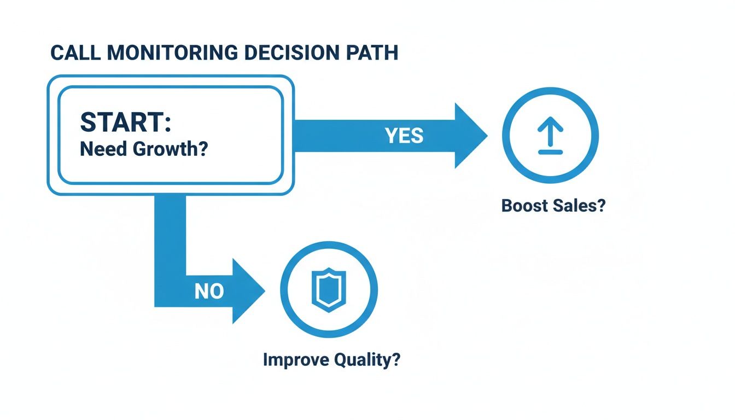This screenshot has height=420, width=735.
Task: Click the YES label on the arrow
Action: pyautogui.click(x=404, y=136)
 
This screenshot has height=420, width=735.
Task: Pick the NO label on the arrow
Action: pyautogui.click(x=209, y=291)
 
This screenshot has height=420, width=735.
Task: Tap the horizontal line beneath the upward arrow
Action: pyautogui.click(x=550, y=152)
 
